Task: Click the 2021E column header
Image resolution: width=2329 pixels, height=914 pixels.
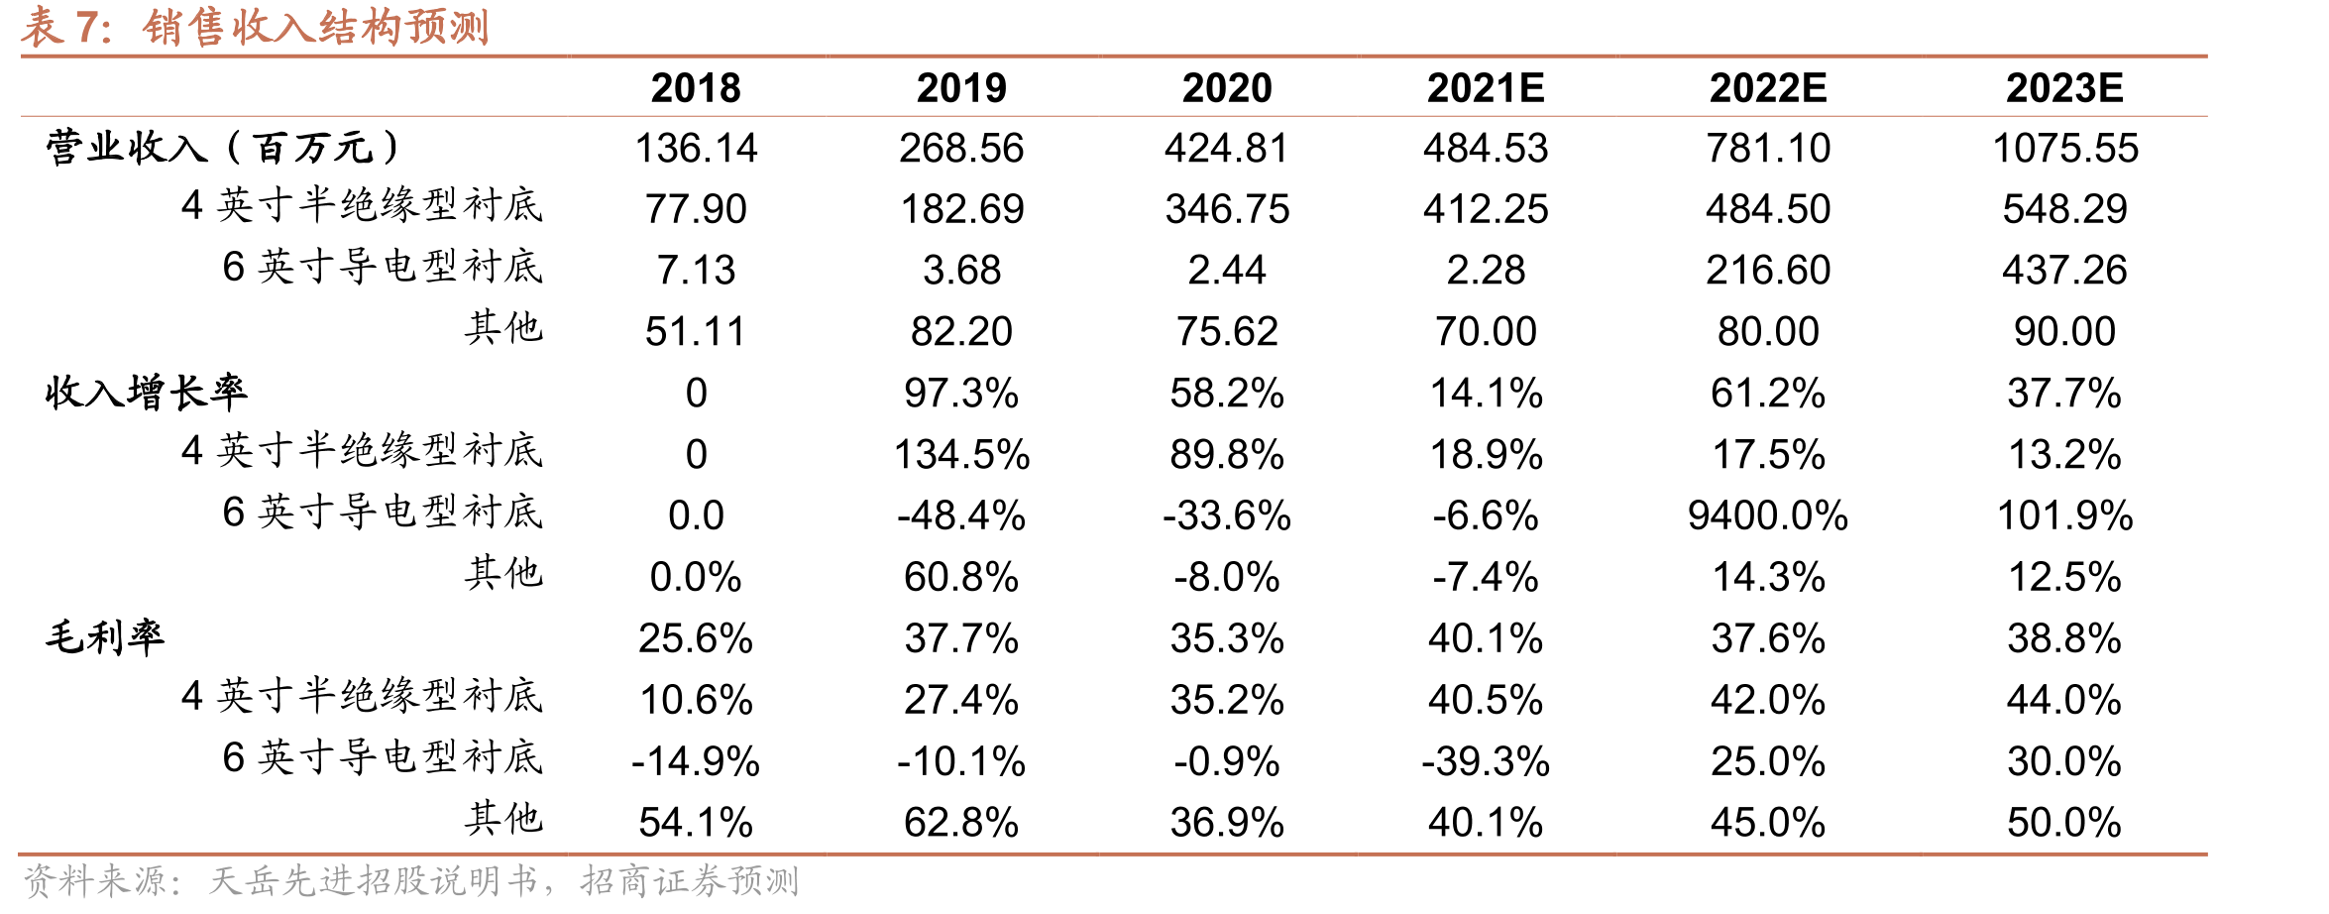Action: (x=1486, y=88)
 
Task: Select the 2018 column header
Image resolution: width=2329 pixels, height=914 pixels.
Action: (x=696, y=88)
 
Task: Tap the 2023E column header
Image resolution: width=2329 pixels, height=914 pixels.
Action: (x=2064, y=88)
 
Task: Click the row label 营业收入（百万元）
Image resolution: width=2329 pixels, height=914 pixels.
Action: (x=224, y=148)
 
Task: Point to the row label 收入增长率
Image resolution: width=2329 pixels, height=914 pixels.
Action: (x=146, y=393)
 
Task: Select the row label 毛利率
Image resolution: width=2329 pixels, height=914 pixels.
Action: (x=105, y=637)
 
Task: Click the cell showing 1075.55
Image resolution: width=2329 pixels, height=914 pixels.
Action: (x=2065, y=149)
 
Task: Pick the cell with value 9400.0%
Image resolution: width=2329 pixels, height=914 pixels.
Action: (x=1768, y=515)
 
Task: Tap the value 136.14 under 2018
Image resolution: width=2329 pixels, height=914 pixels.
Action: (x=696, y=149)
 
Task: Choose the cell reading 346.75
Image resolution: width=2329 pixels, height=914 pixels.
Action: (x=1227, y=209)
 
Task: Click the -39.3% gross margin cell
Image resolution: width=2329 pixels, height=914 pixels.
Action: (x=1486, y=761)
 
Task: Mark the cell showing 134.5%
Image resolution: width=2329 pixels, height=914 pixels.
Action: (x=961, y=455)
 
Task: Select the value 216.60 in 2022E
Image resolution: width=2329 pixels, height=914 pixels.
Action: (x=1768, y=271)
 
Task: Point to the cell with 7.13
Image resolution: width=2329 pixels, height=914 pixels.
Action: (x=696, y=271)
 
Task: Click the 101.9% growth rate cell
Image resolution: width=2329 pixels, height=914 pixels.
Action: (x=2065, y=515)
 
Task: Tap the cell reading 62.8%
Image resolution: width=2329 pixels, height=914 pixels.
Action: (x=961, y=823)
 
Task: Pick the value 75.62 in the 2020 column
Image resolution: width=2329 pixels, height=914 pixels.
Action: (x=1227, y=332)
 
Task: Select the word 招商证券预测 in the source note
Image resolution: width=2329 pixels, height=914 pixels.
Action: (x=690, y=881)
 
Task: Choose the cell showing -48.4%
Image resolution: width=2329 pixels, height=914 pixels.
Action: (x=961, y=515)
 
